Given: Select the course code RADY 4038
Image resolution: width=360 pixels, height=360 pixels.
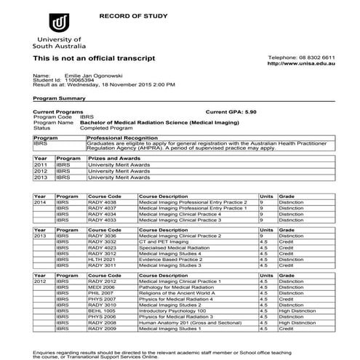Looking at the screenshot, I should [x=102, y=202].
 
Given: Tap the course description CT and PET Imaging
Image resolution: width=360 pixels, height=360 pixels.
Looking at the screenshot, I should [x=172, y=241].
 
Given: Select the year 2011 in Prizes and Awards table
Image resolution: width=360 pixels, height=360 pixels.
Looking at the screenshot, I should [x=41, y=165].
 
